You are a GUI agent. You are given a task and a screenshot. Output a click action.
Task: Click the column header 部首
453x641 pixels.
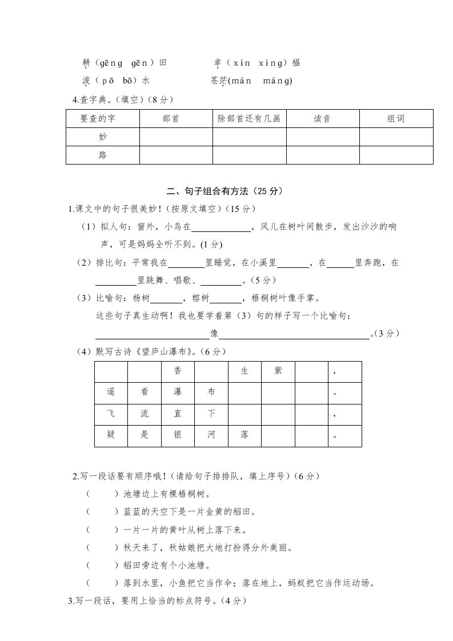point(175,119)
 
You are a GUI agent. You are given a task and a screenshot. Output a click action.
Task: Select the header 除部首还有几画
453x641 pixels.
point(249,119)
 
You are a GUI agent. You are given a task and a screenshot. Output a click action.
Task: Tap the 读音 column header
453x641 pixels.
point(322,119)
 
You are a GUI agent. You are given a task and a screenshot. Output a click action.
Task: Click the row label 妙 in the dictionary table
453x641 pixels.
point(103,137)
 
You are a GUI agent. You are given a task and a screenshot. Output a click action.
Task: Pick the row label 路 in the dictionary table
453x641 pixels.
point(103,155)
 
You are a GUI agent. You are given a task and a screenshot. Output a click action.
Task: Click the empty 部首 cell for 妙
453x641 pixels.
point(175,137)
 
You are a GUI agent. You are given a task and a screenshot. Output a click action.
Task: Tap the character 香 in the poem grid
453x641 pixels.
point(178,371)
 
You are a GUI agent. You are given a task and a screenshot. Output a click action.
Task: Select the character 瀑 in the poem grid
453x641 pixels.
point(178,393)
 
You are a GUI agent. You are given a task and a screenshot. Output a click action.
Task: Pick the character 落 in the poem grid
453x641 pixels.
point(244,435)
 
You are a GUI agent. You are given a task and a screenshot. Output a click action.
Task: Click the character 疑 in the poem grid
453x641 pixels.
point(111,435)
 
